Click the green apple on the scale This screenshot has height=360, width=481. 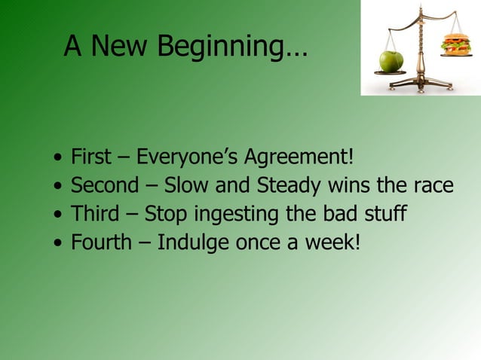pyautogui.click(x=391, y=61)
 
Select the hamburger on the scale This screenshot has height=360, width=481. pyautogui.click(x=455, y=44)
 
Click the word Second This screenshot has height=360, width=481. pyautogui.click(x=105, y=186)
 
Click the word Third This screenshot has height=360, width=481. pyautogui.click(x=95, y=214)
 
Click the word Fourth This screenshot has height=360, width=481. pyautogui.click(x=101, y=243)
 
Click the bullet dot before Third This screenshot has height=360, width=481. pyautogui.click(x=58, y=215)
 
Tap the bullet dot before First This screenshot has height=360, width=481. pyautogui.click(x=58, y=160)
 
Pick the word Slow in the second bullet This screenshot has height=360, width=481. pyautogui.click(x=188, y=186)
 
